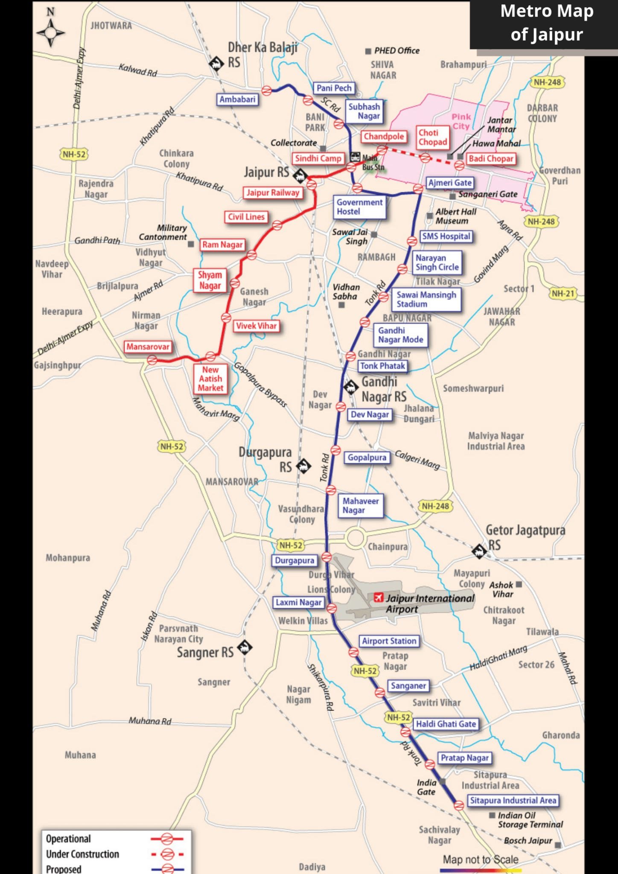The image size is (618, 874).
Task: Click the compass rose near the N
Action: click(50, 33)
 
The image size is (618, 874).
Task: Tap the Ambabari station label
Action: click(237, 99)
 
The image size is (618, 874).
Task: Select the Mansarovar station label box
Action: click(148, 347)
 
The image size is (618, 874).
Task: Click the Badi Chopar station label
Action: click(490, 159)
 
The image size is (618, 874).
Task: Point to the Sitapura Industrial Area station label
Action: click(513, 800)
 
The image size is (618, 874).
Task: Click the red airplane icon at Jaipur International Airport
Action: click(378, 597)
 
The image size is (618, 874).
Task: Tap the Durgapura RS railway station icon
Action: click(303, 466)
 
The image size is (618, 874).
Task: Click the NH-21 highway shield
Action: click(563, 294)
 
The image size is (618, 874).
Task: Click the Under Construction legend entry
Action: click(82, 854)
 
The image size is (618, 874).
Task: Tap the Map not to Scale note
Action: click(481, 859)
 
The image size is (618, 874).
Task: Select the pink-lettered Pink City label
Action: click(461, 121)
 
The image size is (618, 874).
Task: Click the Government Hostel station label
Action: click(359, 207)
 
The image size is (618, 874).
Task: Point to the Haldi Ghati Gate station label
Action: click(446, 724)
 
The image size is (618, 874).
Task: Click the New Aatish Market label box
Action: click(210, 379)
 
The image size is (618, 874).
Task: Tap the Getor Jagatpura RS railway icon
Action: click(479, 551)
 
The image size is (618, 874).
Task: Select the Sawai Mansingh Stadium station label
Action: click(426, 299)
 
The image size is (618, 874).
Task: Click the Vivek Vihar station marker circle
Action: click(226, 318)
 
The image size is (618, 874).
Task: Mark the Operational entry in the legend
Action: click(68, 839)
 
